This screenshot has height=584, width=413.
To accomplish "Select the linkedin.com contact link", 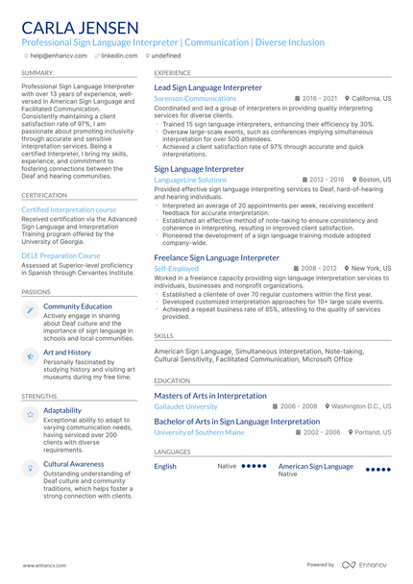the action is pyautogui.click(x=119, y=57).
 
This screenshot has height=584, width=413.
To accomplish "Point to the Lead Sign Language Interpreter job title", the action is pyautogui.click(x=207, y=87).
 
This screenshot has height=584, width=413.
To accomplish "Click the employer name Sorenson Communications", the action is pyautogui.click(x=195, y=98).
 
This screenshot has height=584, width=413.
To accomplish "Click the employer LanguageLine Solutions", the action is pyautogui.click(x=190, y=180).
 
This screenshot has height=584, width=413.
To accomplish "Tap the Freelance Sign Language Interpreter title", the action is pyautogui.click(x=216, y=257).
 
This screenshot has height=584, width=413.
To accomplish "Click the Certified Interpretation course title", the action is pyautogui.click(x=68, y=209).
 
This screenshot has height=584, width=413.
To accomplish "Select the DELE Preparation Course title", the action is pyautogui.click(x=61, y=256).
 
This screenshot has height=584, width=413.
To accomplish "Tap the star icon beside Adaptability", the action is pyautogui.click(x=31, y=413).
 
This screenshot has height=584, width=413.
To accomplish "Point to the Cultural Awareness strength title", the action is pyautogui.click(x=74, y=464).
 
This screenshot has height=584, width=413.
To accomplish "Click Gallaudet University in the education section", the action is pyautogui.click(x=185, y=406).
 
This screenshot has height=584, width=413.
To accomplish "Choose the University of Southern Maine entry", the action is pyautogui.click(x=199, y=432).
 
